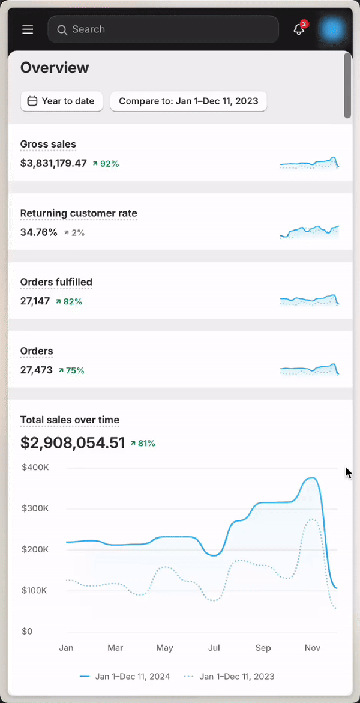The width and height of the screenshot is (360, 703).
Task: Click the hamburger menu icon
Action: pyautogui.click(x=28, y=29)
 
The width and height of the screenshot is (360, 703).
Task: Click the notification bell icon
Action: pyautogui.click(x=299, y=29)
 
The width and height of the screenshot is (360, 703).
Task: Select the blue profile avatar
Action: pyautogui.click(x=332, y=29)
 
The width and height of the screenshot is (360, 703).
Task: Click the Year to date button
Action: pyautogui.click(x=62, y=101)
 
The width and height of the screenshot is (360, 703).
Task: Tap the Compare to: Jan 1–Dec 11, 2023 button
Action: pyautogui.click(x=188, y=101)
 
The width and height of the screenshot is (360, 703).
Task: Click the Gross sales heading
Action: pyautogui.click(x=48, y=144)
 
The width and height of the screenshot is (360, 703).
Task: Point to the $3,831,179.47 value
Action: pyautogui.click(x=53, y=163)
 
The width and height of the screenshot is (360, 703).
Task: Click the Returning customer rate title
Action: pyautogui.click(x=79, y=213)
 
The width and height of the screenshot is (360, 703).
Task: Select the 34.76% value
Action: pyautogui.click(x=39, y=232)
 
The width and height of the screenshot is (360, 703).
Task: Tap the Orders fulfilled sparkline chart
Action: pyautogui.click(x=309, y=300)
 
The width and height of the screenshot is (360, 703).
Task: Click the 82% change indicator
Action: pyautogui.click(x=69, y=301)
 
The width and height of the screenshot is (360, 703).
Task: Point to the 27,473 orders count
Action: pyautogui.click(x=37, y=370)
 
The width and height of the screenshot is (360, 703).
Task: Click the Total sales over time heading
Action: pyautogui.click(x=70, y=420)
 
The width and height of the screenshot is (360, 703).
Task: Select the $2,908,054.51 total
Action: pyautogui.click(x=73, y=443)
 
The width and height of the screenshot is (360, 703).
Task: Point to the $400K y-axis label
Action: pyautogui.click(x=35, y=467)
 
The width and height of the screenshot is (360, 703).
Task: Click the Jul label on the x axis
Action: pyautogui.click(x=214, y=648)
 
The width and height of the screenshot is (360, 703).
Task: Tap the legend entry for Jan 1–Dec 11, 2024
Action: pyautogui.click(x=125, y=676)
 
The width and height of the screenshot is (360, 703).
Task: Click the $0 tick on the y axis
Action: pyautogui.click(x=27, y=631)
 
